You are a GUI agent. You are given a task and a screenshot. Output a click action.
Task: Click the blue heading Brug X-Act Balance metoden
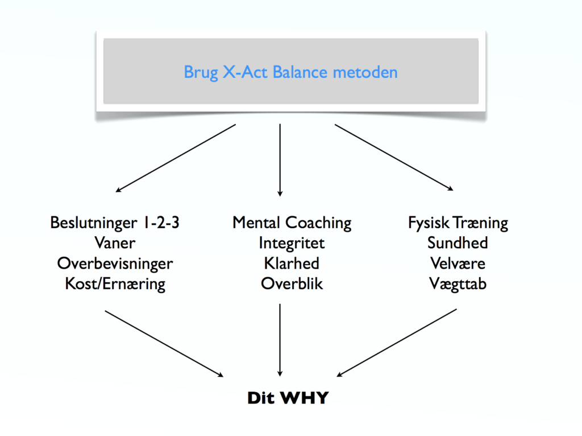tap(290, 72)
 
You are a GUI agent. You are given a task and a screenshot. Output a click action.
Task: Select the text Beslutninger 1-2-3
tap(115, 223)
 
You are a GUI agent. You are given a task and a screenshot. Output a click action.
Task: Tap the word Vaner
tap(115, 243)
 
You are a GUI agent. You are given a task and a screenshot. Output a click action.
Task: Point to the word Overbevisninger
tap(115, 264)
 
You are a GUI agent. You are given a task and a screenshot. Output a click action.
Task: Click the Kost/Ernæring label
tap(115, 285)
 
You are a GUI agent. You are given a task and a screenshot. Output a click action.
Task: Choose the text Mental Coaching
tap(292, 223)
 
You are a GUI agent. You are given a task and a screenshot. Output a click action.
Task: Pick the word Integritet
tap(292, 244)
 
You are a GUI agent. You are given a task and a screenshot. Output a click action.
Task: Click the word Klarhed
tap(292, 264)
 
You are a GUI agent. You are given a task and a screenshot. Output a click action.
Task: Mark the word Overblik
tap(292, 284)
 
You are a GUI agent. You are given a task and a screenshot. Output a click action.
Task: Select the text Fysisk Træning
tap(458, 223)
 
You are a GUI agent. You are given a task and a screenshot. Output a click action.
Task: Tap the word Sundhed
tap(458, 243)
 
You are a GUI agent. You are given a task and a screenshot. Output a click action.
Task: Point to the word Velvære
tap(458, 264)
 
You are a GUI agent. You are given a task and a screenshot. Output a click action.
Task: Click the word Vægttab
tap(458, 285)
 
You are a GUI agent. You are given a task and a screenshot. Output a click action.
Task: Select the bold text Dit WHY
tap(288, 398)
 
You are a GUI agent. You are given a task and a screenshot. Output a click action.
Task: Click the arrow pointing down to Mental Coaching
tap(280, 160)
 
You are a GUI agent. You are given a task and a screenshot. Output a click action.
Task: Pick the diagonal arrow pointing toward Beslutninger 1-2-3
tap(176, 158)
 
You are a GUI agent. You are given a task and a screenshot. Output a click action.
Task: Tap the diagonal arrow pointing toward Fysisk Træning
tap(394, 158)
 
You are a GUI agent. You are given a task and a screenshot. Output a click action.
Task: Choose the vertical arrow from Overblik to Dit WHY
tap(280, 340)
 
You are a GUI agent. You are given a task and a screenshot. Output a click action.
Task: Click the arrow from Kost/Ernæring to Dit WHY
tap(164, 344)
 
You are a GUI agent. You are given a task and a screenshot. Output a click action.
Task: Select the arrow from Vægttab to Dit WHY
tap(396, 343)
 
